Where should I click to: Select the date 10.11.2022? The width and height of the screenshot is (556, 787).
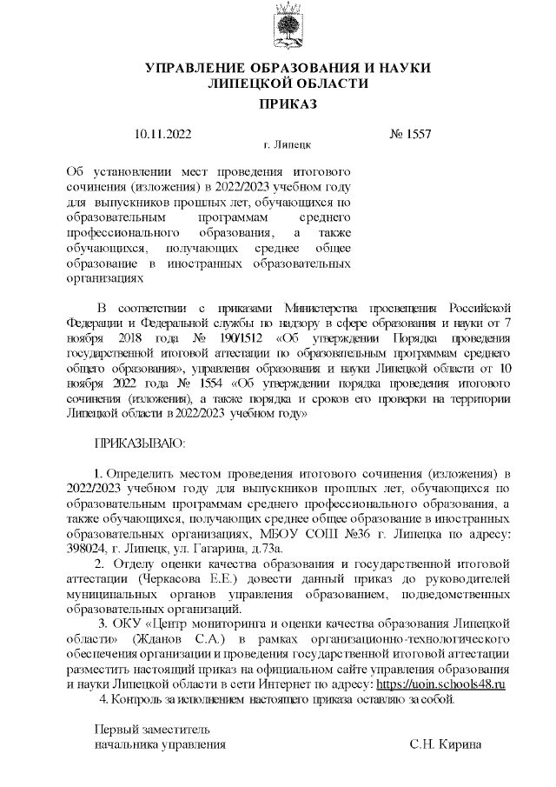[163, 134]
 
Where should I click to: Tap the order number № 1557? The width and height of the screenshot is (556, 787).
[410, 134]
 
